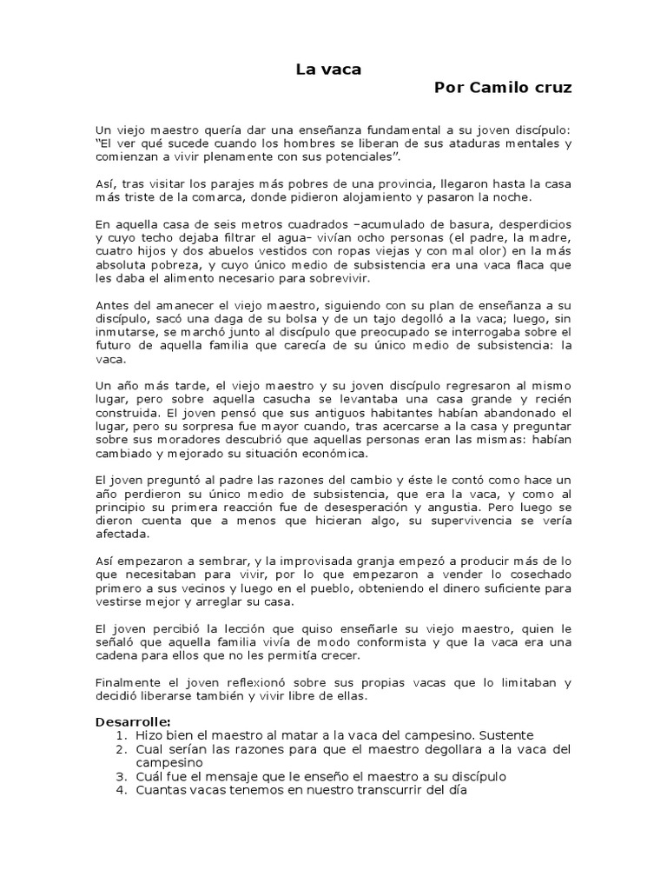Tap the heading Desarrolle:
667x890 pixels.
click(x=132, y=721)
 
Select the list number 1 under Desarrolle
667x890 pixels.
click(x=122, y=735)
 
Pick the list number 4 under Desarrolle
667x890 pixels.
click(x=122, y=790)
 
